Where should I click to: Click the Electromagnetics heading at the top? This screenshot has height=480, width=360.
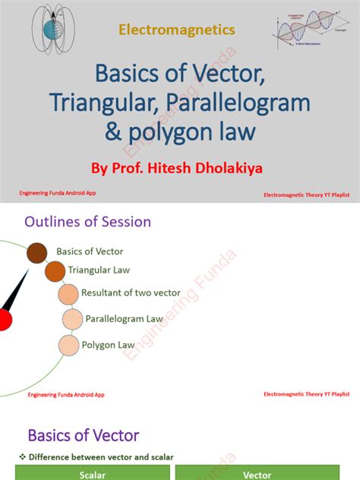(x=176, y=30)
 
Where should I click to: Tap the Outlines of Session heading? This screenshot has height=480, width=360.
(x=87, y=222)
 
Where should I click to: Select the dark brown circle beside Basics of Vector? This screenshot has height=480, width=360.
(x=37, y=253)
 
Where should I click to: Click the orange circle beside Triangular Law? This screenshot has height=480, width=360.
(x=55, y=271)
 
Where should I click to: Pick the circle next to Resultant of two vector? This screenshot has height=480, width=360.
(x=68, y=293)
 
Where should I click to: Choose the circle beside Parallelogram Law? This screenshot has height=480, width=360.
(x=72, y=319)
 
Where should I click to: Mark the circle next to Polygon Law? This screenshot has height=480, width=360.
(x=69, y=346)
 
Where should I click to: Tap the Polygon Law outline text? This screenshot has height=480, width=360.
(x=109, y=345)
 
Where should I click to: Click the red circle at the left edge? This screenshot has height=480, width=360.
(x=4, y=318)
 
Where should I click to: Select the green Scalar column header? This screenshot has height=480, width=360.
(x=87, y=473)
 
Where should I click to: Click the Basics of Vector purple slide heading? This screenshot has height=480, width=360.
(x=84, y=435)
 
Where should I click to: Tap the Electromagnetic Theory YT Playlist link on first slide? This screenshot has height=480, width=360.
(x=306, y=195)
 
